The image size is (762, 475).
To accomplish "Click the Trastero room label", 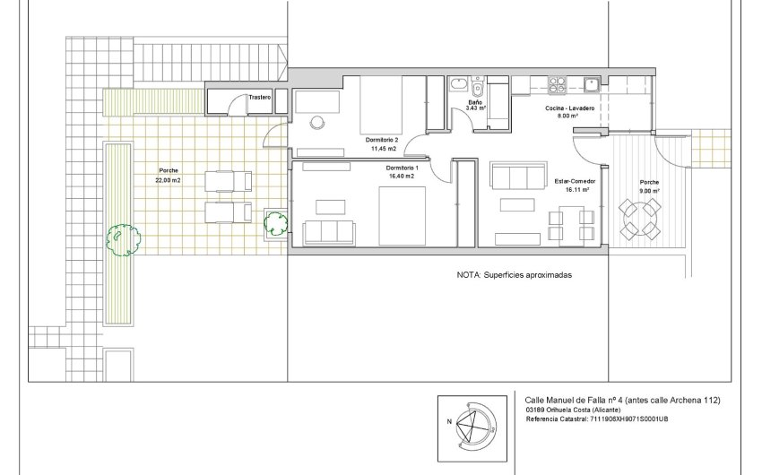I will pos(260,97).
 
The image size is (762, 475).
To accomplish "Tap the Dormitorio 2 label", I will pos(383,141).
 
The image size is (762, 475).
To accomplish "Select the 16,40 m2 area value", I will pos(401,177).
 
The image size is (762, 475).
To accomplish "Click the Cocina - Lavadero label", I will pos(567,108).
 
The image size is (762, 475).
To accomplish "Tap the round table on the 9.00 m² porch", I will pos(639,217).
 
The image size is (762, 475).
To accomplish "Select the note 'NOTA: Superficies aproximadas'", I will pos(514,276).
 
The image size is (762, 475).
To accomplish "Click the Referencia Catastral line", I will pos(597,419).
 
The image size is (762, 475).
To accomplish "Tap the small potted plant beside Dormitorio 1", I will pos(274,224).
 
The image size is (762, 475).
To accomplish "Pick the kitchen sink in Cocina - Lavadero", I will pos(592,85).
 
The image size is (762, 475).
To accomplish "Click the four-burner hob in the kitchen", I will pos(557,85).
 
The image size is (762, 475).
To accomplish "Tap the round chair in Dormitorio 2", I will pos(316,122).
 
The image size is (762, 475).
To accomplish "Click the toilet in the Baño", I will pos(478,89).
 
